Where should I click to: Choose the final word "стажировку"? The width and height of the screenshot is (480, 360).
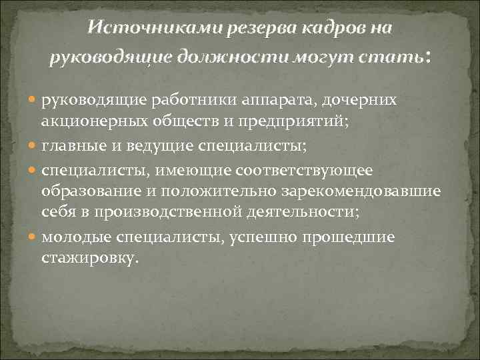point(90,257)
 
